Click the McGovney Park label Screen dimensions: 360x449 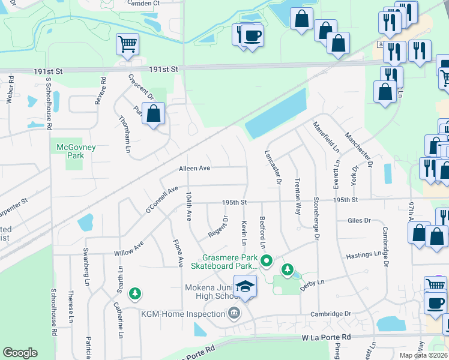point(76,151)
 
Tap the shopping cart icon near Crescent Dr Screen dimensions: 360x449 point(128,44)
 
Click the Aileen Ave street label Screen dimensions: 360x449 point(194,169)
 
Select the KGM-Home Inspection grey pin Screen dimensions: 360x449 point(234,313)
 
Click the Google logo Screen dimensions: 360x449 point(20,353)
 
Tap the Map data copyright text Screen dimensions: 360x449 point(424,355)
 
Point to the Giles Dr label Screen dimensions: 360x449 point(359,220)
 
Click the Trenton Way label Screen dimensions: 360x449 point(298,196)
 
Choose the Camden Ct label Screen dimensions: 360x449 point(144,3)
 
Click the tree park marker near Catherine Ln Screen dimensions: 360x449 point(136,293)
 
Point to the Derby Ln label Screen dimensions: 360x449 point(312,283)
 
